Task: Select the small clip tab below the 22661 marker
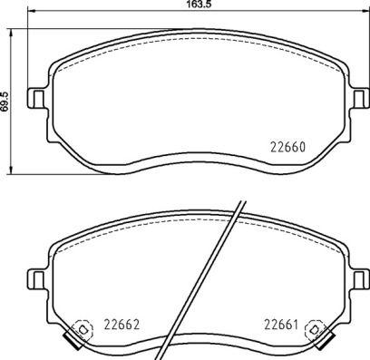[324, 345]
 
